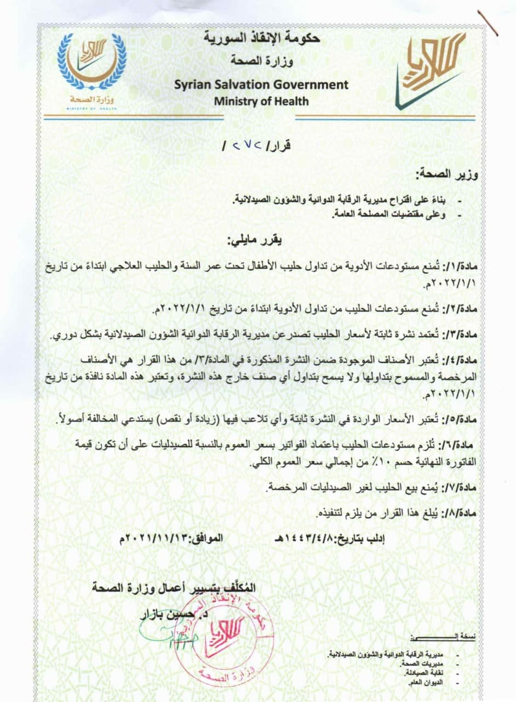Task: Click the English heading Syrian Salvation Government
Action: point(261,85)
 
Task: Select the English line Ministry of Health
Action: point(261,101)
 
